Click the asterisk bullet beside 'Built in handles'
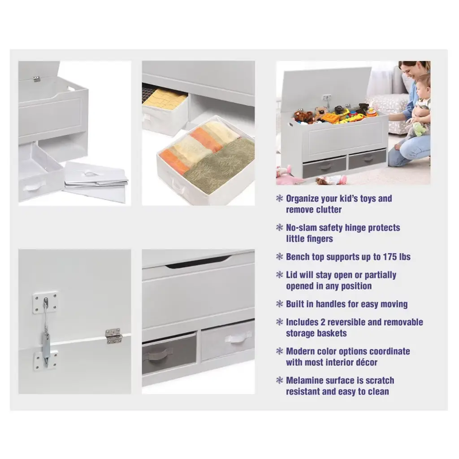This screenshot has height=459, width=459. pyautogui.click(x=280, y=304)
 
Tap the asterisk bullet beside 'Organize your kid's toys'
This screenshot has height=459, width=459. pyautogui.click(x=280, y=198)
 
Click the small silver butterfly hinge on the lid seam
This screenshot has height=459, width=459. pyautogui.click(x=113, y=336)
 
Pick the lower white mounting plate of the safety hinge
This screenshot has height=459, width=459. pyautogui.click(x=45, y=361)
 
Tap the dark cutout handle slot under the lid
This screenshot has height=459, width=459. pyautogui.click(x=198, y=261)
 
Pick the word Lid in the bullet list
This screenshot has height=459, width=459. pyautogui.click(x=292, y=275)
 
